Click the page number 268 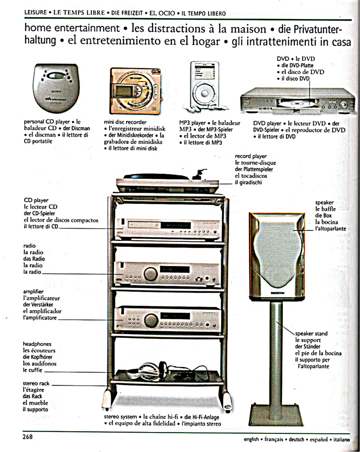pos(28,437)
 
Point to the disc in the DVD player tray pos(296,103)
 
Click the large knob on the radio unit pos(150,274)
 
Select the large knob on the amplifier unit pos(150,320)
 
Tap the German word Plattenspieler pos(254,169)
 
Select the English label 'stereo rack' pos(36,384)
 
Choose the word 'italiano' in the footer pos(341,440)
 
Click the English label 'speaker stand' pos(311,334)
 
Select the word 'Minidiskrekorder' pos(133,135)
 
